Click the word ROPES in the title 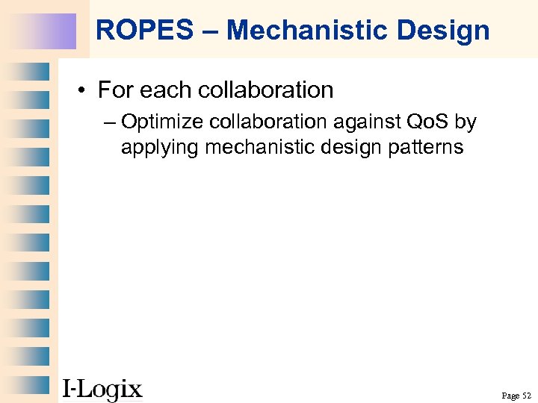133,31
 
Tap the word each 162,90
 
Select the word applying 159,147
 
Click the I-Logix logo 102,389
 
